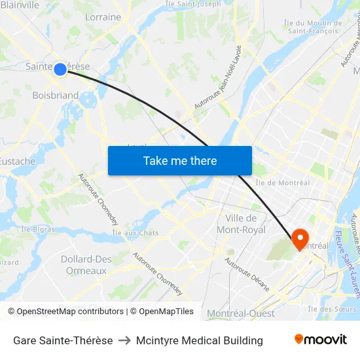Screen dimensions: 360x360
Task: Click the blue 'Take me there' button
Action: point(180,160)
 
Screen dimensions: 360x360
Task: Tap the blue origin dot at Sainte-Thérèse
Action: point(60,68)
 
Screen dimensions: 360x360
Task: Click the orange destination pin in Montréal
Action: point(300,238)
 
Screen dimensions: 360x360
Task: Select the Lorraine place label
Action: point(103,17)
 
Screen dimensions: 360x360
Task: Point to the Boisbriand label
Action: point(56,96)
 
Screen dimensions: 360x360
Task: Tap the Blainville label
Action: point(20,5)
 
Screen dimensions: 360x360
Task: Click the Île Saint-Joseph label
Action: point(193,4)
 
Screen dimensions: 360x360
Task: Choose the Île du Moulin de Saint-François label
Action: point(314,27)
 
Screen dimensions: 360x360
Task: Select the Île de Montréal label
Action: point(282,183)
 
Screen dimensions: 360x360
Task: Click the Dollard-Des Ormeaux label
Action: point(86,264)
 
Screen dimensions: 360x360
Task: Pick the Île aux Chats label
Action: point(135,233)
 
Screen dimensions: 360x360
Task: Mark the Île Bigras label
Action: point(37,229)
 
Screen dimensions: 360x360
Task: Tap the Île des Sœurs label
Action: point(332,309)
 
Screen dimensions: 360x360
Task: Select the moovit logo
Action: point(320,340)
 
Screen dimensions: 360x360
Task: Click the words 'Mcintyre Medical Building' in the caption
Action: point(200,340)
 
